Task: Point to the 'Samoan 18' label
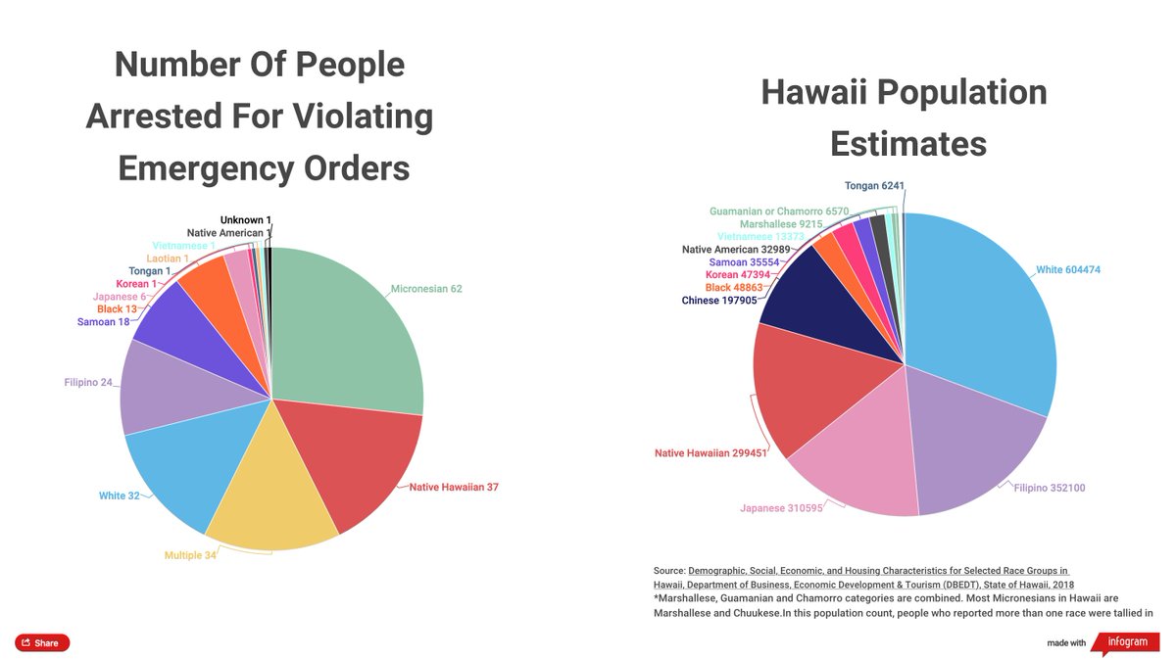104,322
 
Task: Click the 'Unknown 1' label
245,220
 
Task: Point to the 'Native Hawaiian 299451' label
710,452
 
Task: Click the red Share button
42,643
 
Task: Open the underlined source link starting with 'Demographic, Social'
877,570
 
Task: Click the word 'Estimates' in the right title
907,144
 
